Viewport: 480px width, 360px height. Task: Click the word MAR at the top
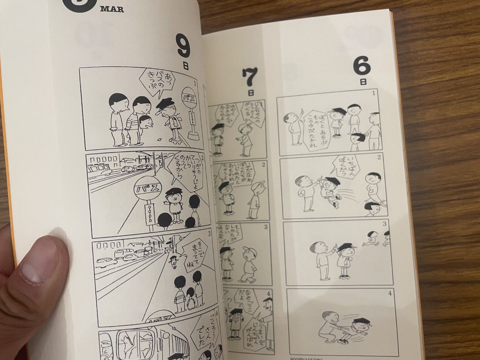(112, 9)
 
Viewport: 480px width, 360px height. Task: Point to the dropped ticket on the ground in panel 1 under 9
(159, 139)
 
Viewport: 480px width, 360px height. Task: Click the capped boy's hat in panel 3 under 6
(345, 247)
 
